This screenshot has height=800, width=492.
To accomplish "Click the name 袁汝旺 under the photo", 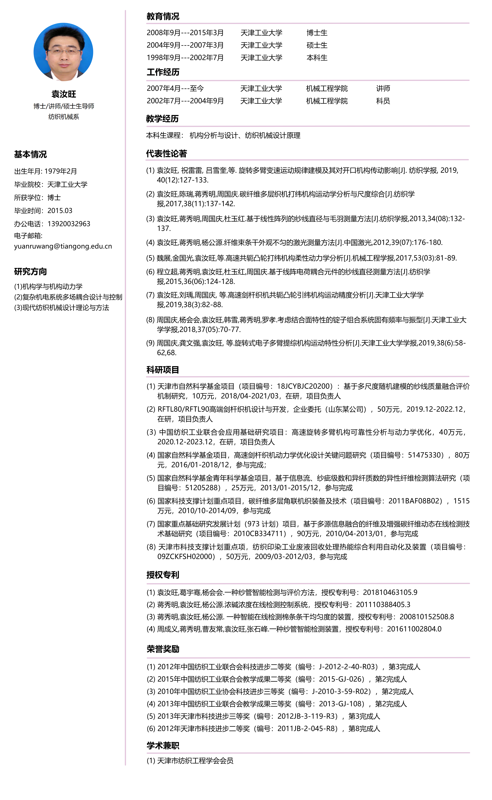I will [x=64, y=94].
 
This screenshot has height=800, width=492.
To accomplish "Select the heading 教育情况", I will [x=163, y=16].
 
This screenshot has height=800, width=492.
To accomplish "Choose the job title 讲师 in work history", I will [x=383, y=89].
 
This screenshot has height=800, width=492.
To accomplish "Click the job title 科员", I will [x=383, y=101].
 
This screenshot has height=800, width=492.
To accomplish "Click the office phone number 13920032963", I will [x=69, y=224].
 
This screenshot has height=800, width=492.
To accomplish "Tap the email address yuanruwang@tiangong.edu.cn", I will [x=63, y=246].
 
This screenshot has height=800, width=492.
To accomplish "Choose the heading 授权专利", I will [x=163, y=575].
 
